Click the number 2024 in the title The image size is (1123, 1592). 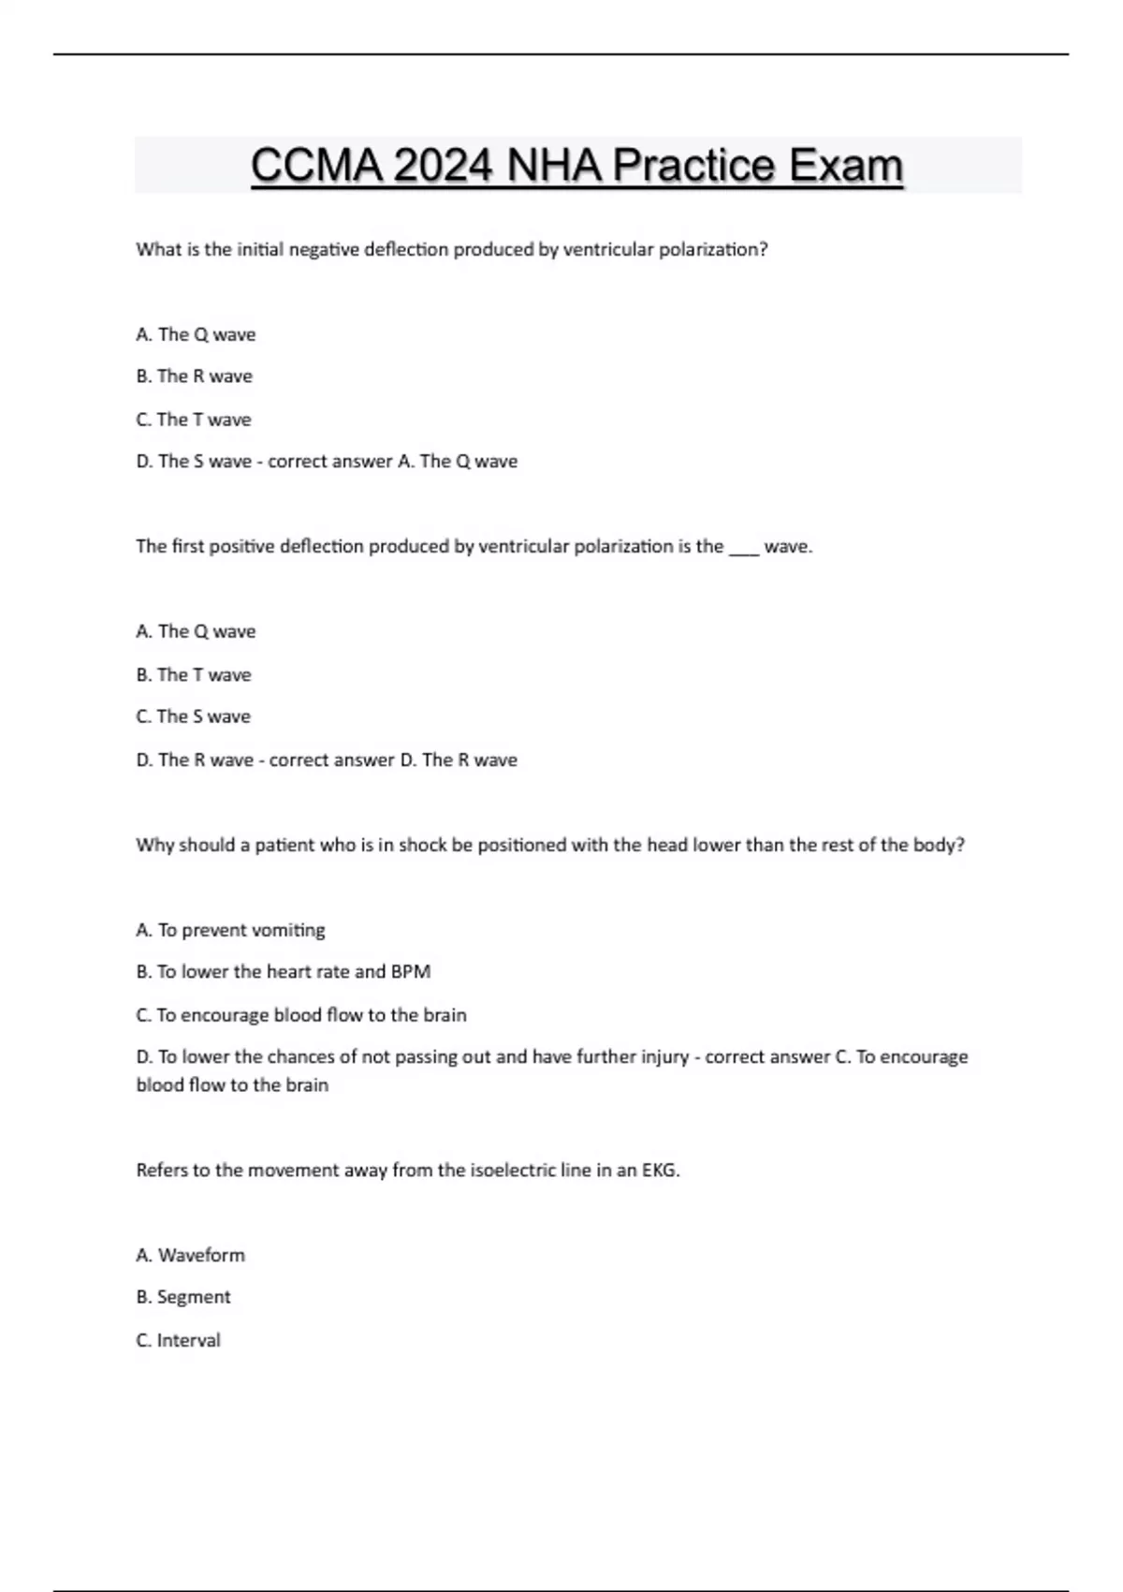point(443,166)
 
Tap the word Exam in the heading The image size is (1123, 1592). point(845,166)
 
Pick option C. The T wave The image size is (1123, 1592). point(194,420)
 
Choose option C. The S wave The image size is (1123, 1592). point(194,716)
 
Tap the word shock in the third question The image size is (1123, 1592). point(423,845)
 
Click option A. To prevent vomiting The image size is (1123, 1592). point(231,930)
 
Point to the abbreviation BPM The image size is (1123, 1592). point(411,972)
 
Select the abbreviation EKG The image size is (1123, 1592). point(659,1171)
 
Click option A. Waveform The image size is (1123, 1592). point(191,1255)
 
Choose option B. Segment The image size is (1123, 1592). point(183,1297)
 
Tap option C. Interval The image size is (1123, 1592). point(179,1340)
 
